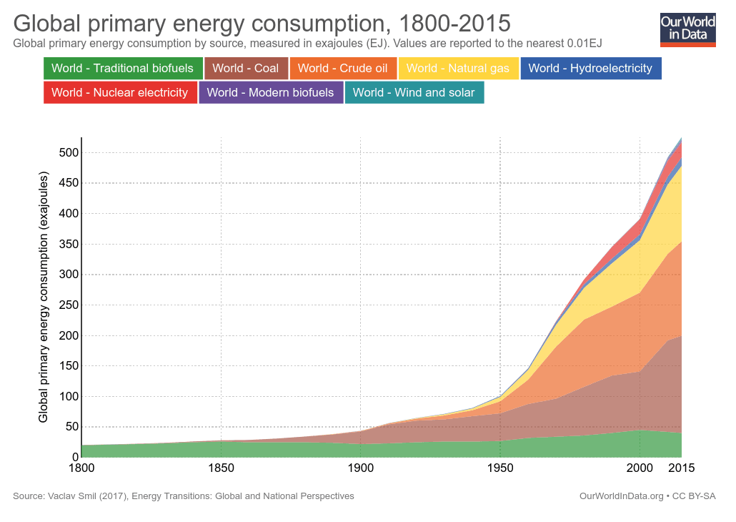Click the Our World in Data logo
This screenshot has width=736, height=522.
point(687,29)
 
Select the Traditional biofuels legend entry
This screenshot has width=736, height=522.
point(123,69)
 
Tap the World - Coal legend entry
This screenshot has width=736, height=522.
point(246,69)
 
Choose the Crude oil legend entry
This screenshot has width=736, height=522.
point(343,69)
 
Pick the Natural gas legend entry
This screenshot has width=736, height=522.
point(458,69)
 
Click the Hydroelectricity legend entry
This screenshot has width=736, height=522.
point(591,69)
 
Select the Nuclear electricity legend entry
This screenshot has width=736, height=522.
point(120,92)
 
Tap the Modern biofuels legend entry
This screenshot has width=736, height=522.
point(271,92)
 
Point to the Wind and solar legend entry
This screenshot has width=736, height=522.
point(414,92)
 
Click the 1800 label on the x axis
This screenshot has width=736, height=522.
point(81,468)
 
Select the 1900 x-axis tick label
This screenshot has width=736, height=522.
point(360,468)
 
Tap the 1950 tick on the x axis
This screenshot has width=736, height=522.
point(500,468)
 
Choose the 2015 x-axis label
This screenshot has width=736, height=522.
point(681,468)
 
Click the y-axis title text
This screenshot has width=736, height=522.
point(44,297)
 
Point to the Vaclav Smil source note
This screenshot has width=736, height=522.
point(184,496)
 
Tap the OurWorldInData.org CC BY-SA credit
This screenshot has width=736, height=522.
point(647,496)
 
